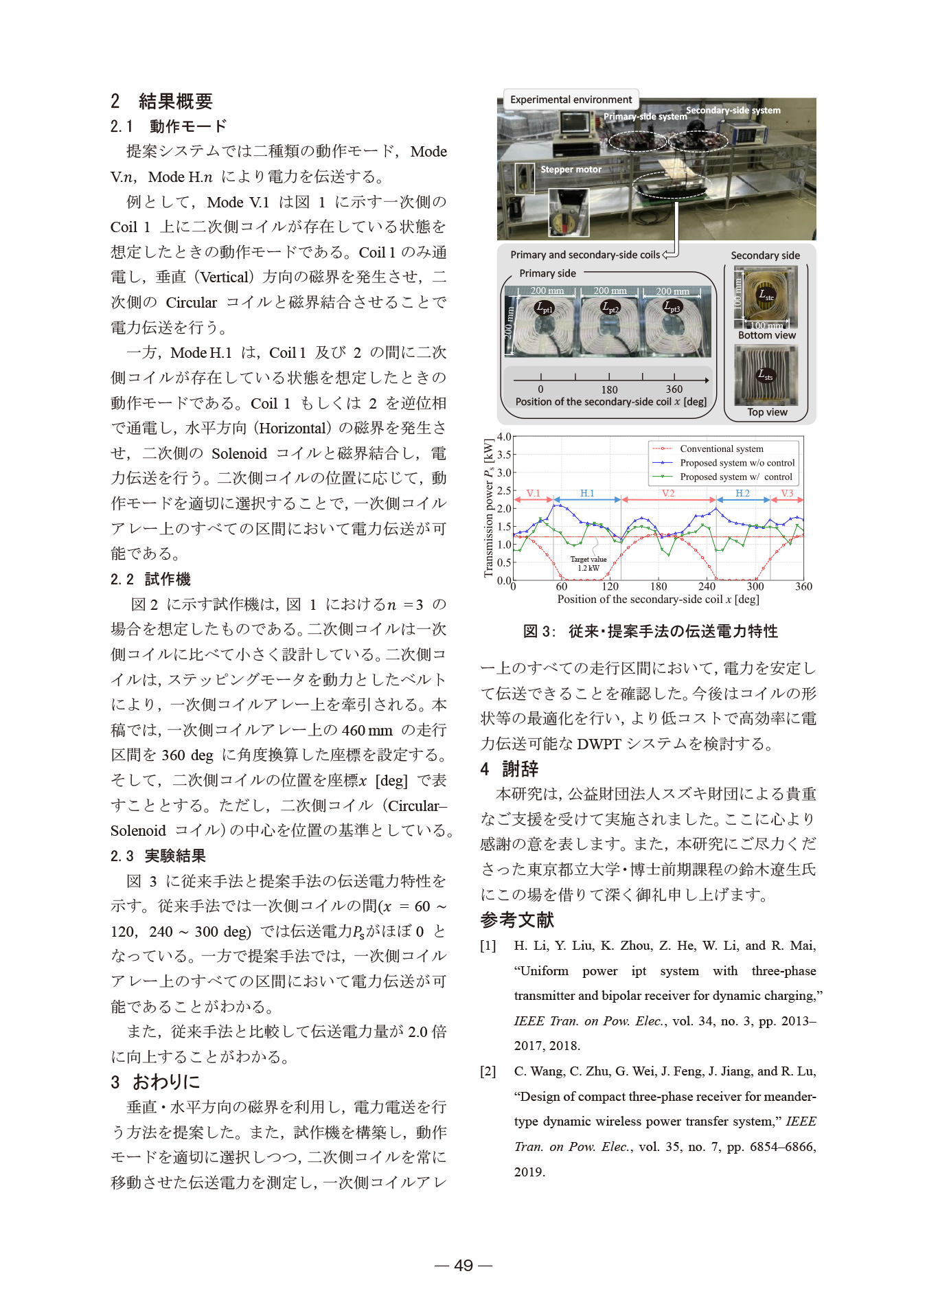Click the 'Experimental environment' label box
571,100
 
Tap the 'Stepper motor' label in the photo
571,170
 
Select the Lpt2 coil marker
610,308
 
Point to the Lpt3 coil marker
672,308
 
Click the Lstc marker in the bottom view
766,295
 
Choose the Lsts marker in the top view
765,376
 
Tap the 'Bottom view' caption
767,335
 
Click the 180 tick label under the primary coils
609,389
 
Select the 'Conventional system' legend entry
721,448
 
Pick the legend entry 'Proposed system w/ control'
735,477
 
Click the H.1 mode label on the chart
587,493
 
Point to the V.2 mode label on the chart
668,493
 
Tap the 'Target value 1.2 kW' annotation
588,564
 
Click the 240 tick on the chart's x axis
707,586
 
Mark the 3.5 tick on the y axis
504,455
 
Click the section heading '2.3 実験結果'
158,856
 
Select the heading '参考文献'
517,920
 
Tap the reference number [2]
488,1071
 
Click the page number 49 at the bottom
463,1265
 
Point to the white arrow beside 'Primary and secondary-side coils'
669,253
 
